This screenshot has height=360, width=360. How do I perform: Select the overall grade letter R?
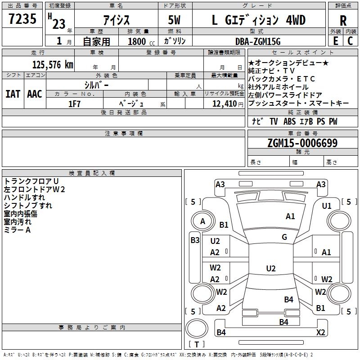coord(343,21)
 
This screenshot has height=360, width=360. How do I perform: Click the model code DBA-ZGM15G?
coord(258,41)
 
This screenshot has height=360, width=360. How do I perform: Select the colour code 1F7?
coord(74,103)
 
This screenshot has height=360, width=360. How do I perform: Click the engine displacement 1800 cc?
coord(137,41)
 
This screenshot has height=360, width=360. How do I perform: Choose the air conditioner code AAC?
coord(35,94)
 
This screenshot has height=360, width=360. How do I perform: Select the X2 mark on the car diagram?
coord(321,333)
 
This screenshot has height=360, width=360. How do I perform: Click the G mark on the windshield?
coord(284,237)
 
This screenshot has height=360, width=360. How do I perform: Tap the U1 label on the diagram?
coord(327,206)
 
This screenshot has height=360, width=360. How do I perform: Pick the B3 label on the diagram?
coord(195,240)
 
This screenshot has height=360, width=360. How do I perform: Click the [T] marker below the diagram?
coord(197,345)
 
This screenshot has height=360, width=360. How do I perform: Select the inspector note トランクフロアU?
coord(28,181)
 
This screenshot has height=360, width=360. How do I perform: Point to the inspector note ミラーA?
coord(17,229)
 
